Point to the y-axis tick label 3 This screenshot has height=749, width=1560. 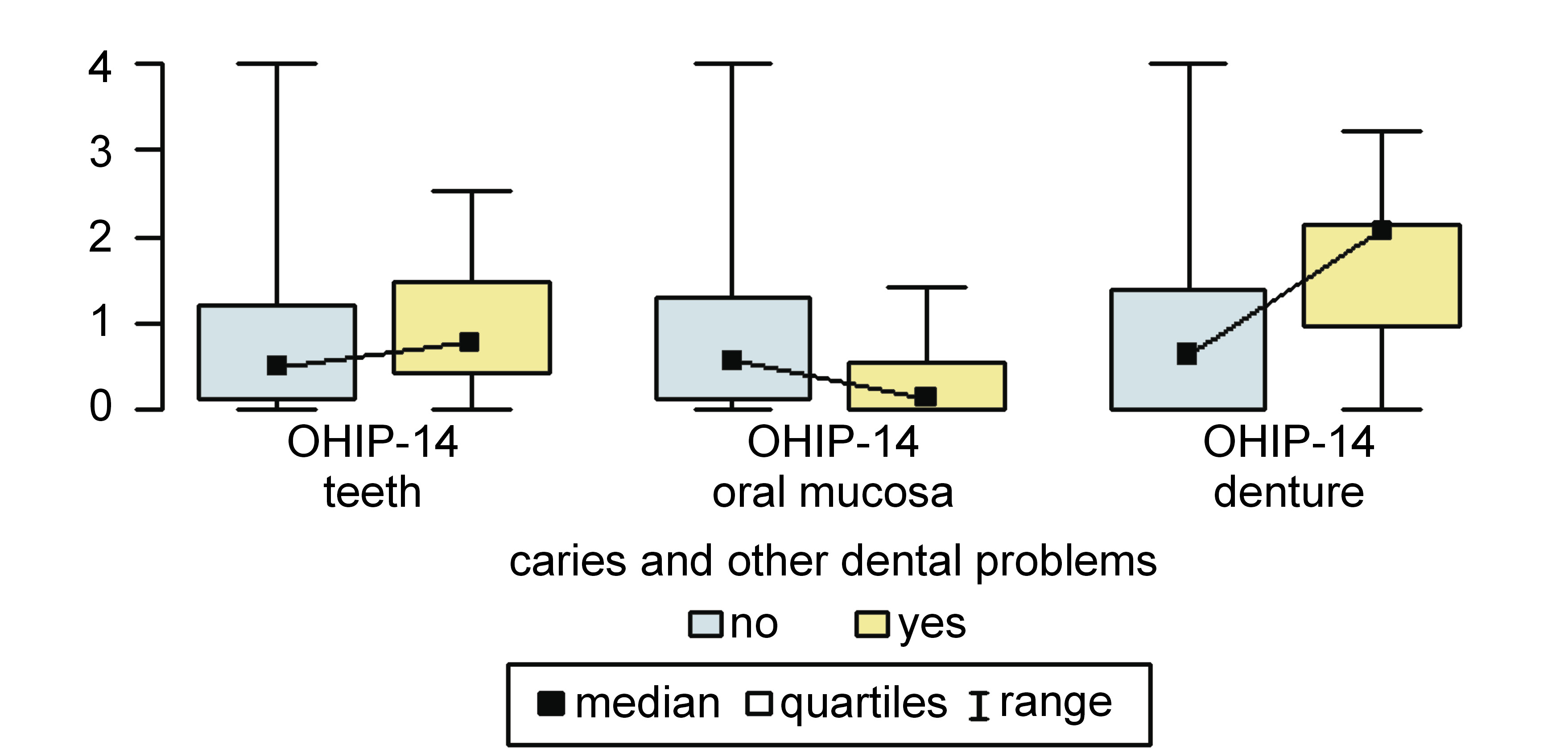[100, 152]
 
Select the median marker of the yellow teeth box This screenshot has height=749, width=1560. [469, 343]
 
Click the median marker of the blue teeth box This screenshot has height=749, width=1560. [277, 365]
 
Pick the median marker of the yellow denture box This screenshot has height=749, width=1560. [1381, 230]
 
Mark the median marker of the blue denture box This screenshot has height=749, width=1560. [1187, 354]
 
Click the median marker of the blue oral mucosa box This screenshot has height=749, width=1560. [731, 360]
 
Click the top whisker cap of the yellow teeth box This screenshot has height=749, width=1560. [472, 191]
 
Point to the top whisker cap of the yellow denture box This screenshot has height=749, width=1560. [1382, 131]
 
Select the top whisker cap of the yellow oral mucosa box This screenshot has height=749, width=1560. [927, 287]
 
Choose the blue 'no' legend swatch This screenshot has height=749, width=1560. [706, 624]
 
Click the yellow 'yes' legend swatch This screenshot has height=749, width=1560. [872, 624]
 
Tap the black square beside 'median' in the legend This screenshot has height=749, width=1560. [551, 703]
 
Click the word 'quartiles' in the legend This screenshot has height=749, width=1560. [863, 704]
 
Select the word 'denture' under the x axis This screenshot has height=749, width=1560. [1289, 492]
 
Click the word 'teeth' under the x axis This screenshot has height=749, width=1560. [372, 492]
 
